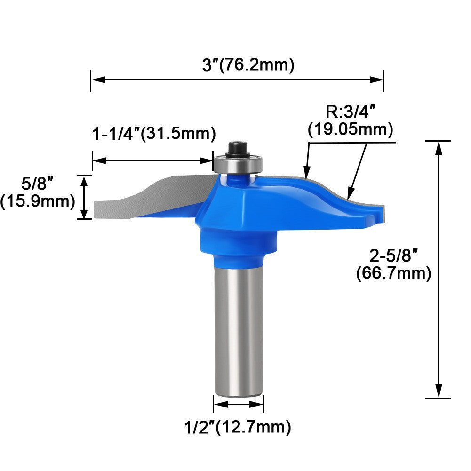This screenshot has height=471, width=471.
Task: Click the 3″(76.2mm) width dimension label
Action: (x=248, y=65)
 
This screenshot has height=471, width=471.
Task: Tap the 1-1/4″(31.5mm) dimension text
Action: (x=153, y=134)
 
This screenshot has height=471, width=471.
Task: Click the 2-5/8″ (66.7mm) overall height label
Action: (x=393, y=264)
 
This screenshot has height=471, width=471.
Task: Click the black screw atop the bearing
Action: (x=236, y=148)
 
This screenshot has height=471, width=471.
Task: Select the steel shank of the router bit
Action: (x=239, y=329)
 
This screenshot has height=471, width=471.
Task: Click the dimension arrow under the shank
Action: (x=239, y=404)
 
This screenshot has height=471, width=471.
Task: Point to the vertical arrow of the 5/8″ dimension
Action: (x=85, y=197)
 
